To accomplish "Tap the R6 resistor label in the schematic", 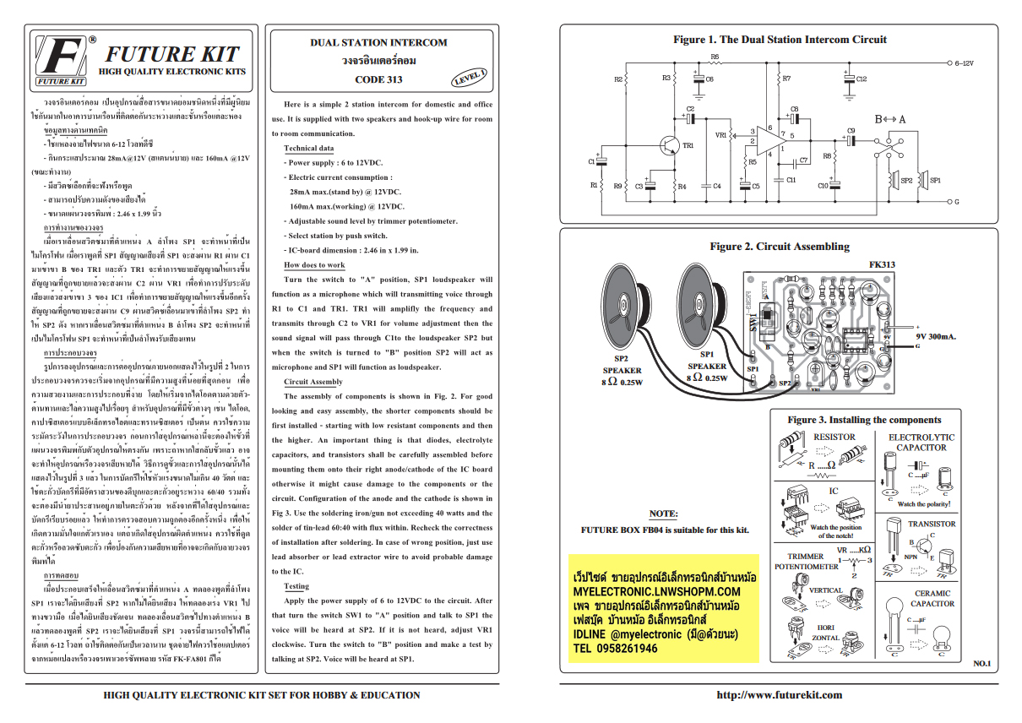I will [x=715, y=57].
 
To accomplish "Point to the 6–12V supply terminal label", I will [x=964, y=63].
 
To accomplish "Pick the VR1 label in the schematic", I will [x=720, y=134].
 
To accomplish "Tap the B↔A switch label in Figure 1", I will [x=889, y=119].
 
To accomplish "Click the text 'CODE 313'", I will [x=378, y=79].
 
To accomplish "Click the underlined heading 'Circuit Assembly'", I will [x=313, y=382].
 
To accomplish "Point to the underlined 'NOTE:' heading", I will [x=663, y=514].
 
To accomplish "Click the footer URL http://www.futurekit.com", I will [x=779, y=695].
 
